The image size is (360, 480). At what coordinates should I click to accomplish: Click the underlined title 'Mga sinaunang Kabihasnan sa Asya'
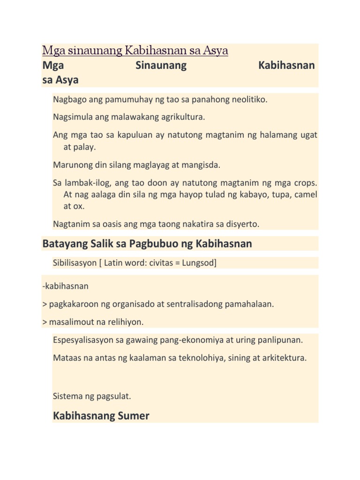click(x=135, y=50)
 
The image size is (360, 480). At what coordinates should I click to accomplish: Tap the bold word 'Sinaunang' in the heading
click(x=161, y=66)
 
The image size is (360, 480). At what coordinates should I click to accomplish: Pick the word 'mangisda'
click(x=201, y=165)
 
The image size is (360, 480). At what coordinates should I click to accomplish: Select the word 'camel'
click(x=305, y=194)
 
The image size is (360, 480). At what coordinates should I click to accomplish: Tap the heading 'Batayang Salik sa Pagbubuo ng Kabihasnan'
click(x=147, y=244)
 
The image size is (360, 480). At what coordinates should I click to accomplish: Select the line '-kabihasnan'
click(x=65, y=286)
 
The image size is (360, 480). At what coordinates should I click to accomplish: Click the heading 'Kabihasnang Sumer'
click(x=101, y=415)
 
